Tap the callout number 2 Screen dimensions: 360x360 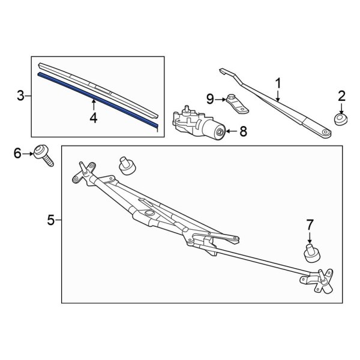click(341, 95)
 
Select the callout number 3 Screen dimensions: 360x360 click(20, 96)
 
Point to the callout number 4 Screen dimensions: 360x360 click(93, 118)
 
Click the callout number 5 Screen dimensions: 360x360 click(51, 221)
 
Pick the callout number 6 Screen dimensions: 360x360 click(17, 154)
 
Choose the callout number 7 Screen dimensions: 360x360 click(310, 224)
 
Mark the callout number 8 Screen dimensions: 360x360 click(244, 131)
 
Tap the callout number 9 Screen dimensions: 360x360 click(210, 98)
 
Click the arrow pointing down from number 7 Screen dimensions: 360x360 click(310, 237)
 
